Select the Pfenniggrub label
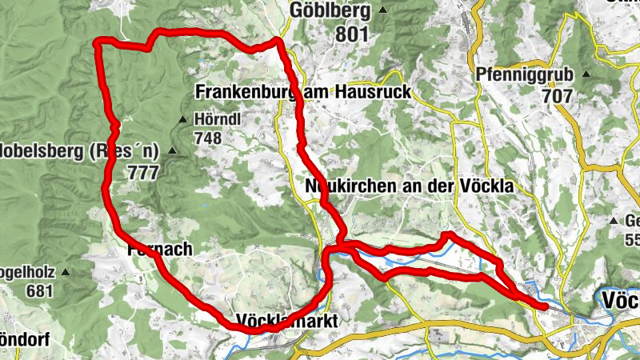(525, 75)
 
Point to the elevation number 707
(557, 96)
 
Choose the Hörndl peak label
(218, 120)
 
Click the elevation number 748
(206, 138)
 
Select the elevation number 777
(142, 170)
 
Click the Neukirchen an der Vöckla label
(408, 186)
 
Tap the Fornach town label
(160, 250)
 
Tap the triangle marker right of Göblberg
(384, 10)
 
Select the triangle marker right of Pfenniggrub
(586, 75)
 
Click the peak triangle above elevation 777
(171, 150)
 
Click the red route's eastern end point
(546, 306)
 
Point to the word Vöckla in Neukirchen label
(485, 186)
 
